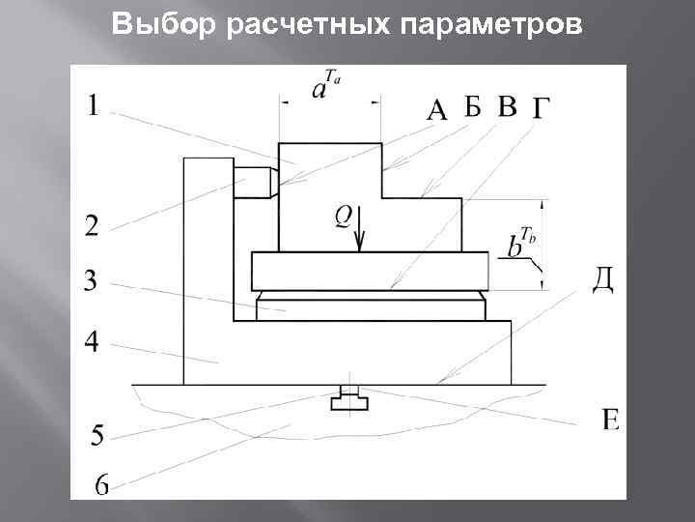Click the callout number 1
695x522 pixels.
click(x=93, y=104)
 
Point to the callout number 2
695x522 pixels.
click(x=91, y=226)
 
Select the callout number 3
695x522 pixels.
click(x=91, y=281)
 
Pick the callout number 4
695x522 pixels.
click(x=91, y=341)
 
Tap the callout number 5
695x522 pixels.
click(x=97, y=436)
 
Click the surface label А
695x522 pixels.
click(x=436, y=112)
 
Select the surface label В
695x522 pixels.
click(x=508, y=106)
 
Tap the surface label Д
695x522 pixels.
click(x=602, y=278)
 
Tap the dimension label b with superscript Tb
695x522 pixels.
click(x=520, y=242)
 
